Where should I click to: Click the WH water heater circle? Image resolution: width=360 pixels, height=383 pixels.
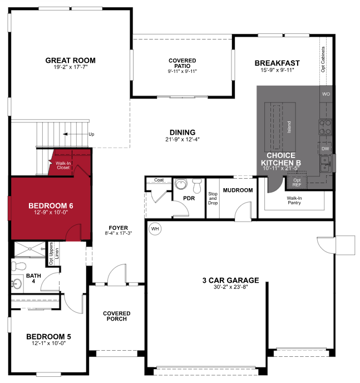(154, 228)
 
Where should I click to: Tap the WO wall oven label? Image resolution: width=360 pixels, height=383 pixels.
(326, 94)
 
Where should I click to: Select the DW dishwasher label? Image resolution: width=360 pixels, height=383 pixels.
(326, 149)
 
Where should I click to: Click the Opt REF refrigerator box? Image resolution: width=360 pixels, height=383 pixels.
(297, 181)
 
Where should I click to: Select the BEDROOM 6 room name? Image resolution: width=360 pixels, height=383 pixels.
(51, 205)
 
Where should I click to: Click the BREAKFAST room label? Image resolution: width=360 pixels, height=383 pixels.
(277, 63)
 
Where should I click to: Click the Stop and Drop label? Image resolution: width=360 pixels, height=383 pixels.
(213, 199)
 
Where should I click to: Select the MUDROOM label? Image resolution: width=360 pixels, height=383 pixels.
(238, 190)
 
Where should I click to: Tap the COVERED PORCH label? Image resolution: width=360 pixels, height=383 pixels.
(117, 316)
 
